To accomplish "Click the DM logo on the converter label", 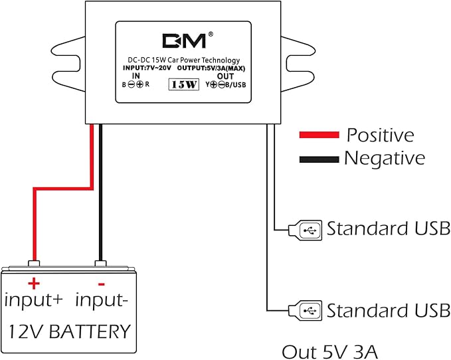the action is click(x=184, y=41).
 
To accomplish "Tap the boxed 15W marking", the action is click(x=184, y=84).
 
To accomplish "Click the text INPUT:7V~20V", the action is click(x=147, y=68).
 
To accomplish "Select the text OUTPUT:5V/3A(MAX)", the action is click(x=211, y=68).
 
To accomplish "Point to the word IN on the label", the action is click(x=135, y=76).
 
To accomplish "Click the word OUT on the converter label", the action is click(x=226, y=76).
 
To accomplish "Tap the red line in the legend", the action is click(x=319, y=135).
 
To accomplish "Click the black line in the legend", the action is click(x=319, y=159).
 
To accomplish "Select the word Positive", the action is click(x=380, y=135).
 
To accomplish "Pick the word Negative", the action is click(x=385, y=158).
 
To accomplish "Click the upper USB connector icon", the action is click(x=305, y=230).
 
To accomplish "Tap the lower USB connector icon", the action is click(x=305, y=311).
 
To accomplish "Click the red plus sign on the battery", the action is click(x=34, y=284).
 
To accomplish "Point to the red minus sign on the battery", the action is click(x=101, y=284).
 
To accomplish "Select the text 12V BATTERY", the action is click(x=69, y=331).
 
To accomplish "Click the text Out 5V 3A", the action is click(x=329, y=351).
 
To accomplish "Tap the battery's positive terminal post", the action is click(x=34, y=263).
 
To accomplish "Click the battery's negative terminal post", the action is click(x=101, y=263).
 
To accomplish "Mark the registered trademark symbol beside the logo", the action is click(x=211, y=35).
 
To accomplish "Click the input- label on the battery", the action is click(x=101, y=302).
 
